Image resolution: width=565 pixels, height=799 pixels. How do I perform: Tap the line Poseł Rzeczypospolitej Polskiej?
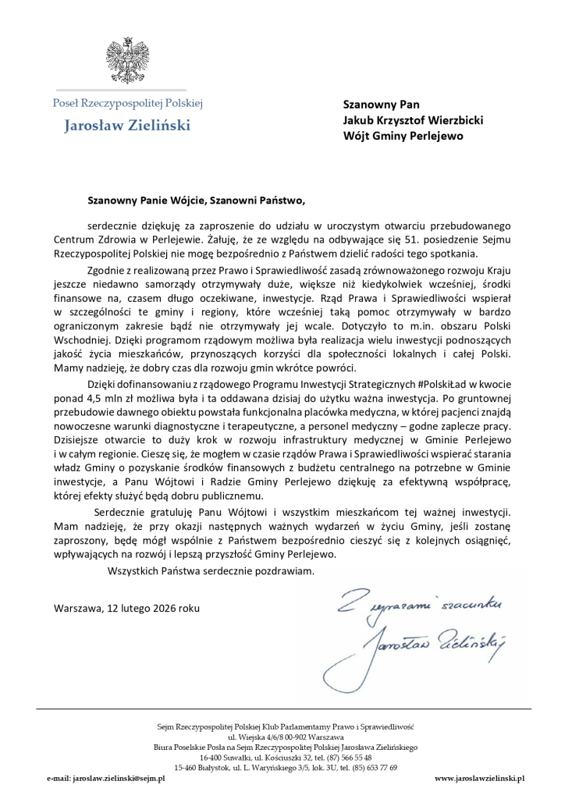point(128,103)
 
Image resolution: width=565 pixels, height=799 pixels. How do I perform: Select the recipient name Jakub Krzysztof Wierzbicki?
point(414,120)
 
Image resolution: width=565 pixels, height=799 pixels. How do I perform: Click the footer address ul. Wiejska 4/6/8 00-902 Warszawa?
point(285,736)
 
